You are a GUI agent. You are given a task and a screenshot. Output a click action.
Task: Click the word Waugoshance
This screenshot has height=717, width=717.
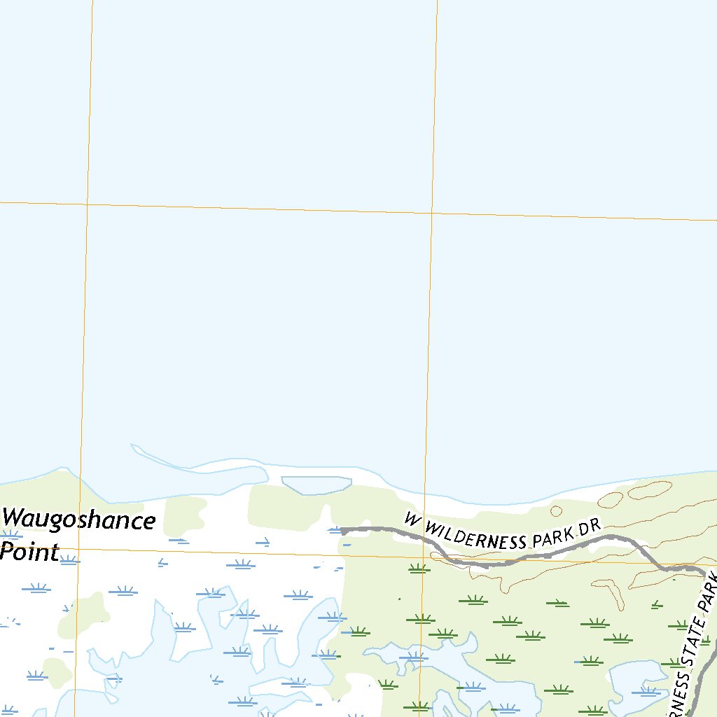coord(78,522)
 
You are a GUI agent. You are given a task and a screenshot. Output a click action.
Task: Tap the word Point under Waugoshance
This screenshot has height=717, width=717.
coord(29,552)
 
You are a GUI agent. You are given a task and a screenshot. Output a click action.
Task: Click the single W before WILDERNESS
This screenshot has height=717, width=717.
coord(411,519)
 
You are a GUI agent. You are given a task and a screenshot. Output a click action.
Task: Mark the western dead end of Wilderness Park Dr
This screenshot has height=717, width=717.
coord(342,530)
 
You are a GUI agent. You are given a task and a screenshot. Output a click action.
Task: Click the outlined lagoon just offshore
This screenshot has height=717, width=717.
coord(316,485)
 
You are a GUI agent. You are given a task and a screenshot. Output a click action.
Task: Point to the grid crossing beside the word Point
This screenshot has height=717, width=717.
coord(78,550)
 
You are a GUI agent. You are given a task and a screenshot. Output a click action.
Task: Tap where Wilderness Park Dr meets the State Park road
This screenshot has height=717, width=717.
coord(702,571)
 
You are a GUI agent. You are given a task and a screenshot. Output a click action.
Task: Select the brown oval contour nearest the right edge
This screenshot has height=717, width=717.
coord(649,490)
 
